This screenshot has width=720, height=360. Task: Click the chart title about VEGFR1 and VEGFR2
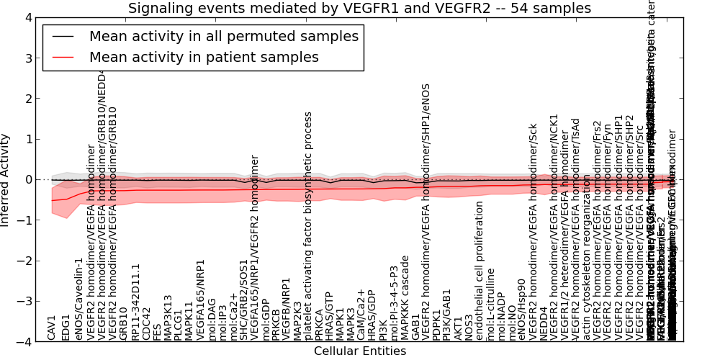point(359,9)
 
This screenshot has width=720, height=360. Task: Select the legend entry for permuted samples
point(223,37)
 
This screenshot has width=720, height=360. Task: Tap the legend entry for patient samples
point(204,58)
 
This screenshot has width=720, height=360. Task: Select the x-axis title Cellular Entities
point(359,351)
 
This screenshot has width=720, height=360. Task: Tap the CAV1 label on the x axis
point(52,328)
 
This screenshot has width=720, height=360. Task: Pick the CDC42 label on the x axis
point(146,323)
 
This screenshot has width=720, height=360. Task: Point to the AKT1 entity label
point(458,328)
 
